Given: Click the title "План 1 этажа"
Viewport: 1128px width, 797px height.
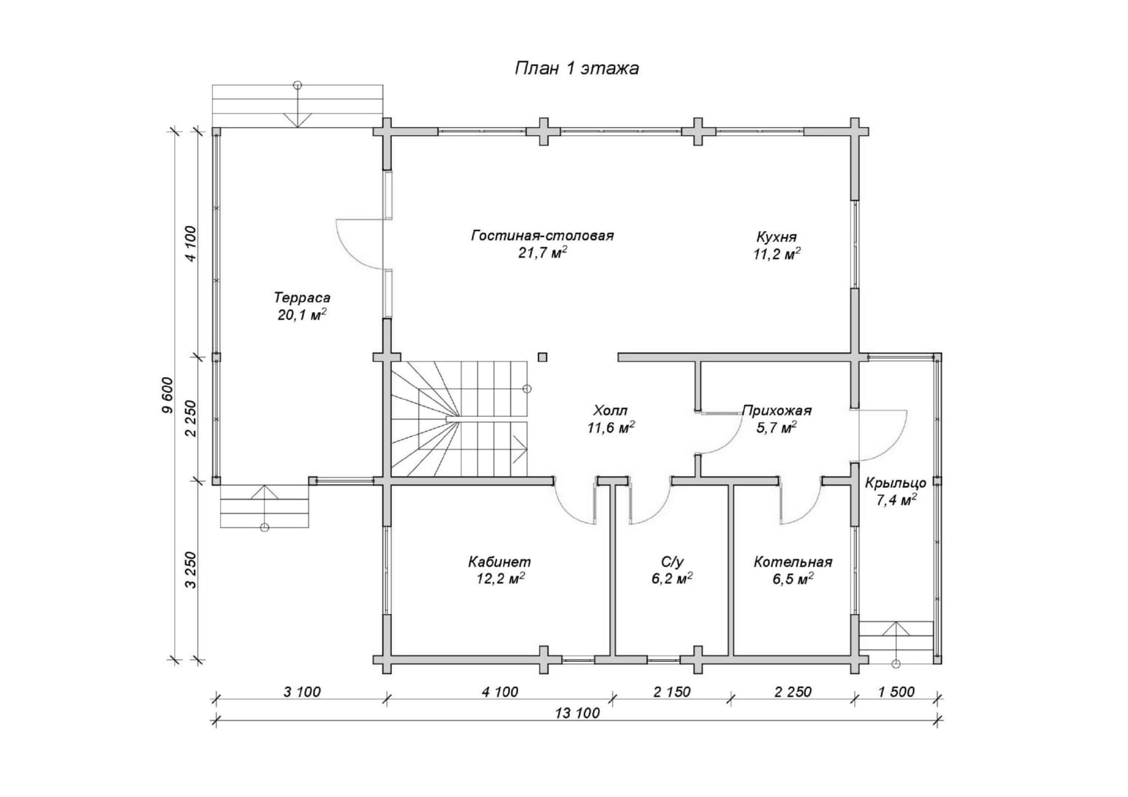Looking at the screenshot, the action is coord(577,69).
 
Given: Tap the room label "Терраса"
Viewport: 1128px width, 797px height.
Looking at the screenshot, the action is coord(302,297).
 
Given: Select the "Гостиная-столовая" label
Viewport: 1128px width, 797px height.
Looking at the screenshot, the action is coord(543,235).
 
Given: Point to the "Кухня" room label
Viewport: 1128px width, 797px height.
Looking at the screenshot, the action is coord(777,237).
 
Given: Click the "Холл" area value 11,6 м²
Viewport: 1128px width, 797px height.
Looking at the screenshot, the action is coord(611,428).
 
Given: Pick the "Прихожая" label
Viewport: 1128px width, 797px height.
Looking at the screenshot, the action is coord(777,411).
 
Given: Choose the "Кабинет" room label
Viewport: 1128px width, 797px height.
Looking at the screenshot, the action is coord(500,562).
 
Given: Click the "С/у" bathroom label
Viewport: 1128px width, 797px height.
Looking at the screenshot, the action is coord(672,562).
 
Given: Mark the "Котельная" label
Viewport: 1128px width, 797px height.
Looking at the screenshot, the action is coord(793,562).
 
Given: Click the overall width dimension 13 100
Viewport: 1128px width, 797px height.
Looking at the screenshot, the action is coord(577,714).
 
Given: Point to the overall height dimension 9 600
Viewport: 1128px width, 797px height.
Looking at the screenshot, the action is coord(167,396).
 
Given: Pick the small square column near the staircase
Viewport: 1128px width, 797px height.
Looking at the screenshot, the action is coord(542,357).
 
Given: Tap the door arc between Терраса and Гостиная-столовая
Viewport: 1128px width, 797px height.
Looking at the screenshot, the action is coord(359,244).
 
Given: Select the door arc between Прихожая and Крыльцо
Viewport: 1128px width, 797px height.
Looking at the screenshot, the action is coord(880,435).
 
